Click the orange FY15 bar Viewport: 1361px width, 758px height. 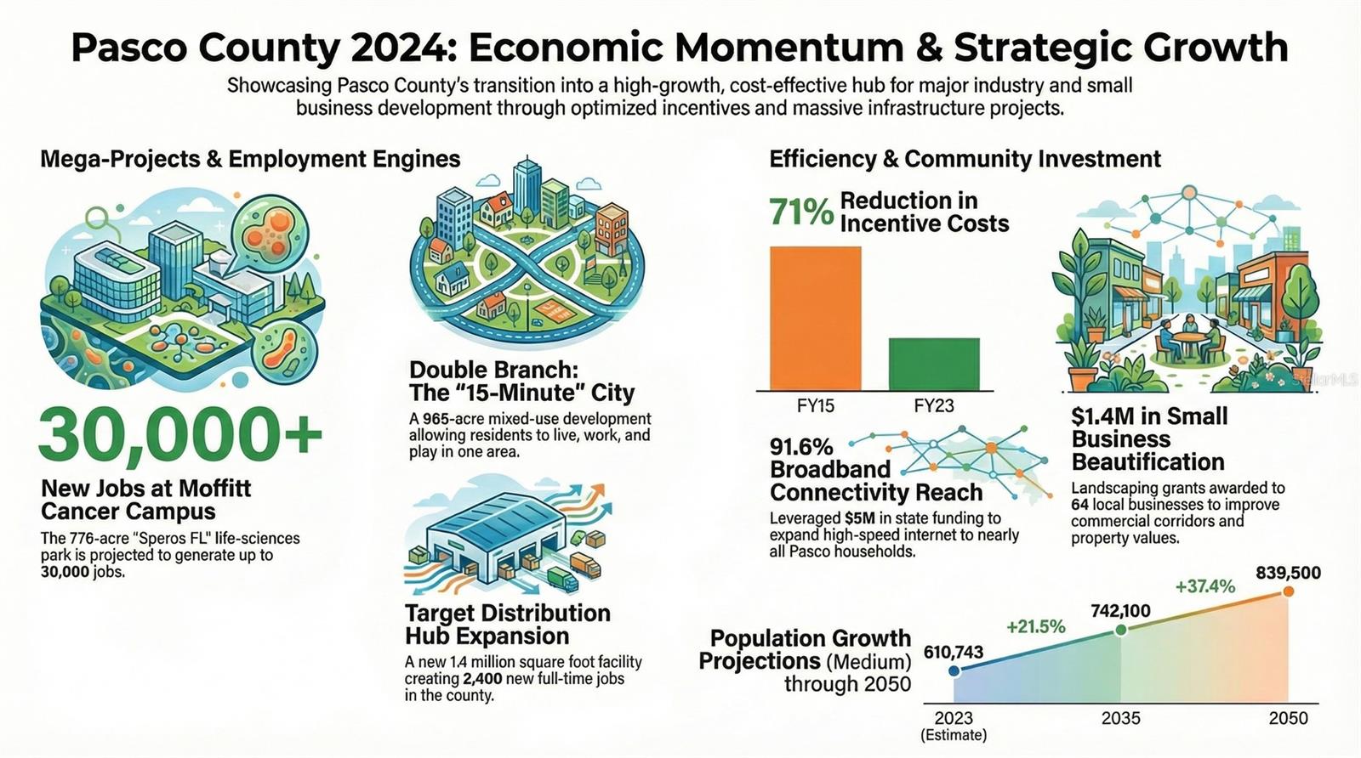click(816, 318)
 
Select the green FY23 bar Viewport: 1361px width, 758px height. click(935, 365)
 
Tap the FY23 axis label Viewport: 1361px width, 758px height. click(934, 405)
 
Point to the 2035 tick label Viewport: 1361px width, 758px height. click(1121, 719)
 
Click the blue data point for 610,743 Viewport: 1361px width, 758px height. click(954, 670)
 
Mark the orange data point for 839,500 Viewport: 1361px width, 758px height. click(1288, 591)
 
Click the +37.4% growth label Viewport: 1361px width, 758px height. click(1204, 586)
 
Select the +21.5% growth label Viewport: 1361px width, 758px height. click(1036, 626)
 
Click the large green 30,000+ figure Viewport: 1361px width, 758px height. click(179, 434)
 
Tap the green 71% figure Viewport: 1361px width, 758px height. click(801, 212)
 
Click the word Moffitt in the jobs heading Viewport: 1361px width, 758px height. click(215, 489)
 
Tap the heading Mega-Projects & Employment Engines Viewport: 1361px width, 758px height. click(250, 159)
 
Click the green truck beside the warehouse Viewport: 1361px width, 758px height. click(563, 580)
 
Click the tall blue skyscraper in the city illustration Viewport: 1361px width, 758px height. click(527, 186)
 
